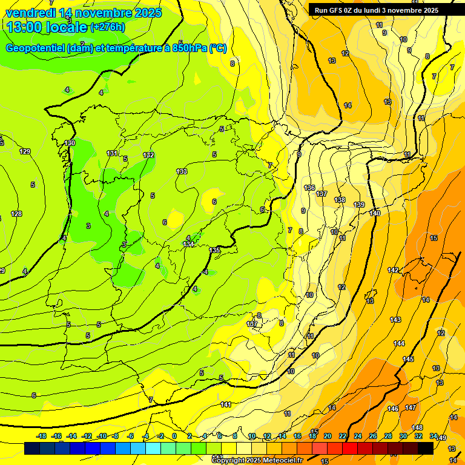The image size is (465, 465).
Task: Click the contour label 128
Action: pyautogui.click(x=16, y=214)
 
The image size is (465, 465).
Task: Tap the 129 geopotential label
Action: pyautogui.click(x=25, y=151)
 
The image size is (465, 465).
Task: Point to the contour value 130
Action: pyautogui.click(x=70, y=143)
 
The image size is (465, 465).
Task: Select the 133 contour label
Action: pyautogui.click(x=182, y=171)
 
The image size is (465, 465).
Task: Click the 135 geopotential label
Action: pyautogui.click(x=215, y=250)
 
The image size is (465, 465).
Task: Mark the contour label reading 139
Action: pyautogui.click(x=360, y=205)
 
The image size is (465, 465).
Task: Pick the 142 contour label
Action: pyautogui.click(x=393, y=270)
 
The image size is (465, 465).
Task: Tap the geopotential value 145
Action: pyautogui.click(x=409, y=359)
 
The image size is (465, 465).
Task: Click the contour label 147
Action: pyautogui.click(x=411, y=407)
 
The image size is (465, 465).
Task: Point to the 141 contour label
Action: pyautogui.click(x=226, y=404)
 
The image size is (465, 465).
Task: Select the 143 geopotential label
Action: pyautogui.click(x=395, y=320)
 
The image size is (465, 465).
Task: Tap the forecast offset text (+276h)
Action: pyautogui.click(x=107, y=27)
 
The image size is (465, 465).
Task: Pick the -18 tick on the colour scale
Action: pyautogui.click(x=42, y=436)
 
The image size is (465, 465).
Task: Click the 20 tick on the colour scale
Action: pyautogui.click(x=328, y=436)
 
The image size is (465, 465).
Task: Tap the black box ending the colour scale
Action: pyautogui.click(x=426, y=448)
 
